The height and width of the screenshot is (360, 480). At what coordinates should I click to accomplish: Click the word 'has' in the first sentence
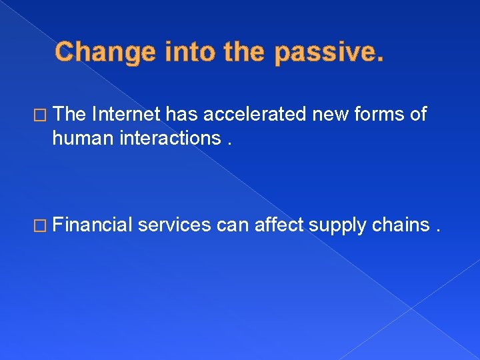point(183,115)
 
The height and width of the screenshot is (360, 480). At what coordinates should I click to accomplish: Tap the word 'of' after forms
point(419,115)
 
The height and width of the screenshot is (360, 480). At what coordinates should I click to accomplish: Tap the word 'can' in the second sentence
point(235,226)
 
